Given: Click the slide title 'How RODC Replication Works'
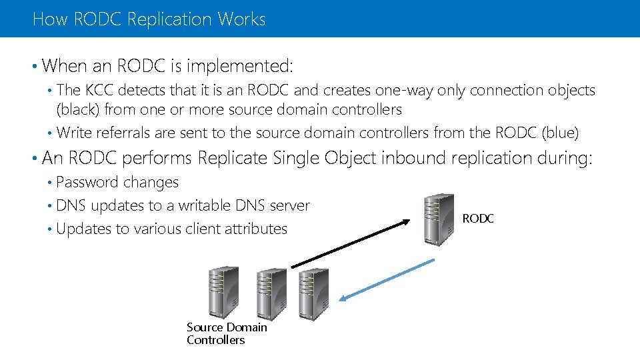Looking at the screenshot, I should (x=149, y=19).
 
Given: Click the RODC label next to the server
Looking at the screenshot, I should (x=478, y=219).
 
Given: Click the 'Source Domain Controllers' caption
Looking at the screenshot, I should (x=226, y=333).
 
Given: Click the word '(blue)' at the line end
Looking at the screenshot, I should (x=561, y=133).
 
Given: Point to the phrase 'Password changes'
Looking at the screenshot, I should (x=117, y=182).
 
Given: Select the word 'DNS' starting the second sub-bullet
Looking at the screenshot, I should (x=71, y=205).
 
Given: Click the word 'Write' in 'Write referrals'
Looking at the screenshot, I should (x=75, y=133).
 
